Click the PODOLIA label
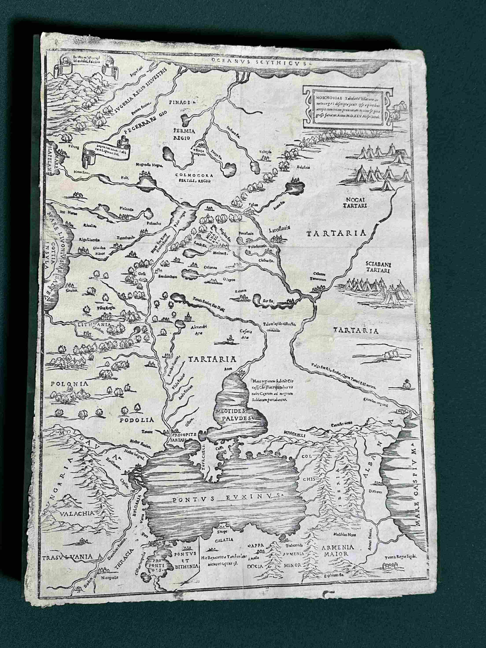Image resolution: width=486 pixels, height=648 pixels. tap(137, 419)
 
